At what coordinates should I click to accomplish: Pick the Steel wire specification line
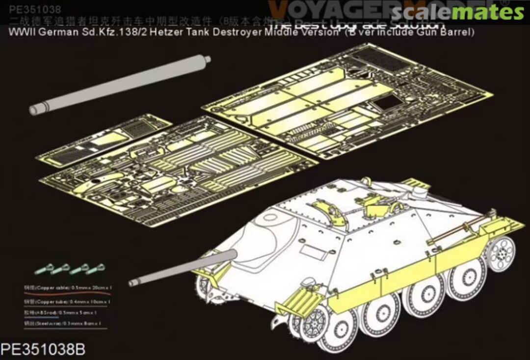click(x=69, y=324)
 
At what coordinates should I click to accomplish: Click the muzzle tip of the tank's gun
click(x=132, y=283)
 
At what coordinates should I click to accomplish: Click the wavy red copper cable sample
click(x=69, y=293)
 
